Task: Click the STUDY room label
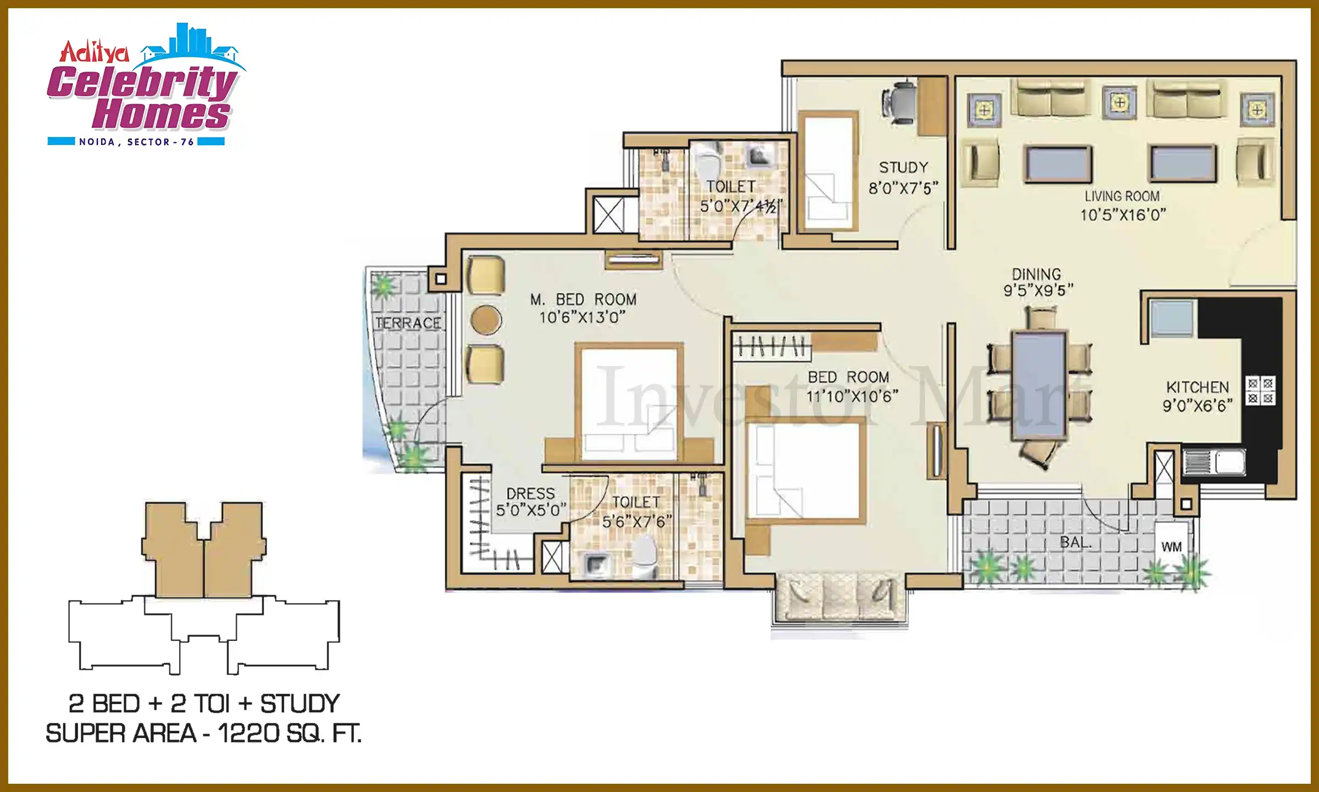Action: tap(904, 167)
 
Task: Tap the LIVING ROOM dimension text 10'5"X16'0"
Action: tap(1122, 215)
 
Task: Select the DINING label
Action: tap(1037, 274)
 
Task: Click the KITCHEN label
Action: tap(1197, 387)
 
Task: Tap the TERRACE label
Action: tap(408, 323)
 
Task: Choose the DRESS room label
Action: tap(530, 493)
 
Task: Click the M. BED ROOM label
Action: tap(583, 300)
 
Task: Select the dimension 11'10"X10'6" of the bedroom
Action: tap(852, 396)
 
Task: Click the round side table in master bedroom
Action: tap(486, 320)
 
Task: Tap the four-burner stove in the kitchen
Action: tap(1260, 391)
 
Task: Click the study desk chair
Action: tap(900, 101)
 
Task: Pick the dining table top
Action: tap(1040, 385)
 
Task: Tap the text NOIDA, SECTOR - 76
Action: tap(136, 142)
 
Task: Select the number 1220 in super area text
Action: tap(248, 733)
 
